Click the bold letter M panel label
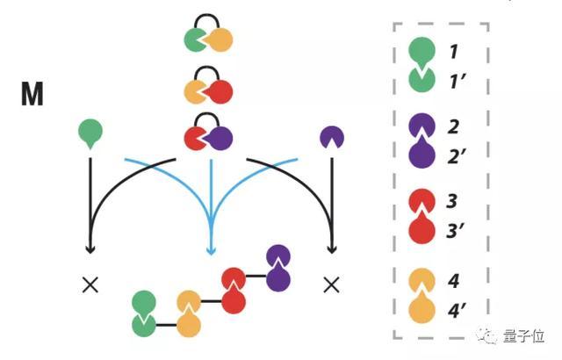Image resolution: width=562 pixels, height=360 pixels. (x=32, y=93)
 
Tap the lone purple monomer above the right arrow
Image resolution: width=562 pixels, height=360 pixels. (x=332, y=137)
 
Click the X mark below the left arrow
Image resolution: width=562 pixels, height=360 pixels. (x=89, y=284)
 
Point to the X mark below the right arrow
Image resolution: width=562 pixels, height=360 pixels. (x=331, y=284)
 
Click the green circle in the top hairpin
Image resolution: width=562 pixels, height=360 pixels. (x=196, y=40)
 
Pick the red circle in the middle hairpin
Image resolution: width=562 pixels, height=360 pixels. (x=220, y=90)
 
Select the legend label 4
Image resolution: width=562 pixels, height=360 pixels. (x=453, y=282)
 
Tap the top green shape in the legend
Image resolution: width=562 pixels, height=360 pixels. (x=421, y=51)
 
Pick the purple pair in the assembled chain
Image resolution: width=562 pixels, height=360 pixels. (x=278, y=268)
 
